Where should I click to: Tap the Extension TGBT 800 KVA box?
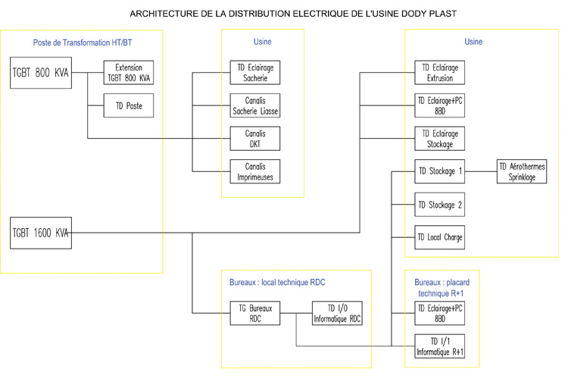tap(129, 73)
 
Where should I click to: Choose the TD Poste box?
tap(129, 105)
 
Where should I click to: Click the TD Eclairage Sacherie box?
tap(254, 73)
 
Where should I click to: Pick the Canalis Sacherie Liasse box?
tap(254, 105)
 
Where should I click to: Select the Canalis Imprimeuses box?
tap(254, 171)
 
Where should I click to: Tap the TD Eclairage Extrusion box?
tap(440, 73)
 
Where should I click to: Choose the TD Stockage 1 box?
tap(440, 171)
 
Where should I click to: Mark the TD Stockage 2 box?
tap(440, 205)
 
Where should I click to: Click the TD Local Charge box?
tap(440, 237)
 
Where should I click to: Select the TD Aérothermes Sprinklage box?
tap(522, 171)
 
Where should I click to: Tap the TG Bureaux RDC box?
tap(255, 313)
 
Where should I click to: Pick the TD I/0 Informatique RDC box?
tap(337, 313)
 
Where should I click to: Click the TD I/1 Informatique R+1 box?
tap(440, 346)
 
